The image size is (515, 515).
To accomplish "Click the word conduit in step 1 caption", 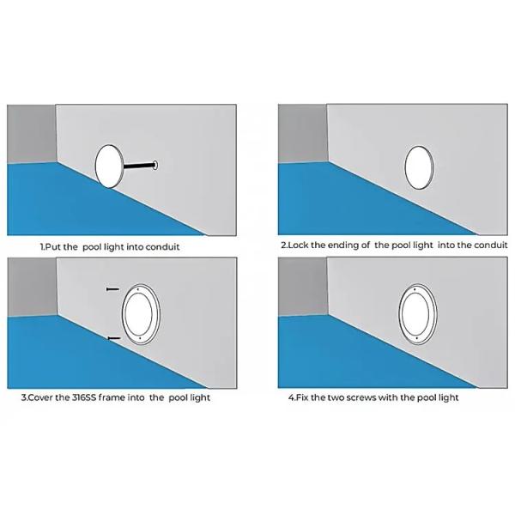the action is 162,246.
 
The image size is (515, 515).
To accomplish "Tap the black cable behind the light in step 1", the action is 138,166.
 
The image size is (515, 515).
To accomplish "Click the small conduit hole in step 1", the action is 155,165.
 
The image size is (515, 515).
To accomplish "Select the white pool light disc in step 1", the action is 109,167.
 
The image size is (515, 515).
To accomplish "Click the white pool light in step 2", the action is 419,168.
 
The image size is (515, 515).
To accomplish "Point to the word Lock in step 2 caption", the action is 298,245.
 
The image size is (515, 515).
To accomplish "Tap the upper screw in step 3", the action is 112,289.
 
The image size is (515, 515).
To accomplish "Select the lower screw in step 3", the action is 114,338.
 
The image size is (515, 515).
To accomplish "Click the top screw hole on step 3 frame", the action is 138,289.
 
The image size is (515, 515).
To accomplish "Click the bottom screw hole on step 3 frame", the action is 140,338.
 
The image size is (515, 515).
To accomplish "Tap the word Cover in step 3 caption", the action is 40,397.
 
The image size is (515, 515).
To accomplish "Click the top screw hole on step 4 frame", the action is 415,289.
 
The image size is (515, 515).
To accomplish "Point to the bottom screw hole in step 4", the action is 417,338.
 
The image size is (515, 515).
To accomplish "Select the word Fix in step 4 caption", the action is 302,397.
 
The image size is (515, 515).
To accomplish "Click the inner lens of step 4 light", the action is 415,313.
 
